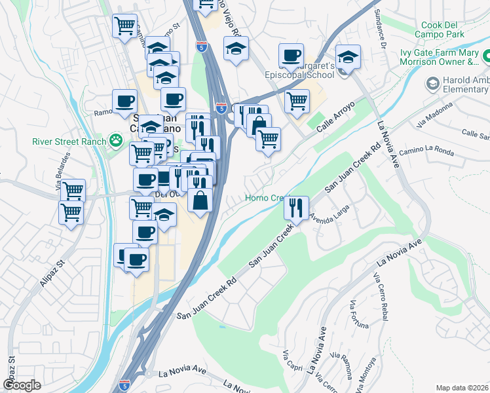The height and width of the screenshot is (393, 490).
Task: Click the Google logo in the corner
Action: coord(22,384)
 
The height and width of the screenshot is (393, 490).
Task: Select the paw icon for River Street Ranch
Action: coord(116,140)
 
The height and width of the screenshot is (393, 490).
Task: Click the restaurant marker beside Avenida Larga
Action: coord(296,208)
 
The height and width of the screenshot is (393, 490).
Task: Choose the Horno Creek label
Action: coord(263,198)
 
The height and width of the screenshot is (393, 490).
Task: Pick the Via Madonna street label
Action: coord(434,116)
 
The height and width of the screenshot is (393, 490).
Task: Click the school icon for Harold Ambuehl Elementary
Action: coord(432,83)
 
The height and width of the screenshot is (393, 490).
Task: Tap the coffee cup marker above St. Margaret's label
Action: coord(291,55)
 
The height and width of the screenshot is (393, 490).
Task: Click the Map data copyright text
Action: coord(462,387)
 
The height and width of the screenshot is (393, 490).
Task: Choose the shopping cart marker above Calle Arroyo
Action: coord(297,100)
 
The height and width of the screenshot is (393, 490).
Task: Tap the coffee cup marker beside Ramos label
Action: coord(124,101)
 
